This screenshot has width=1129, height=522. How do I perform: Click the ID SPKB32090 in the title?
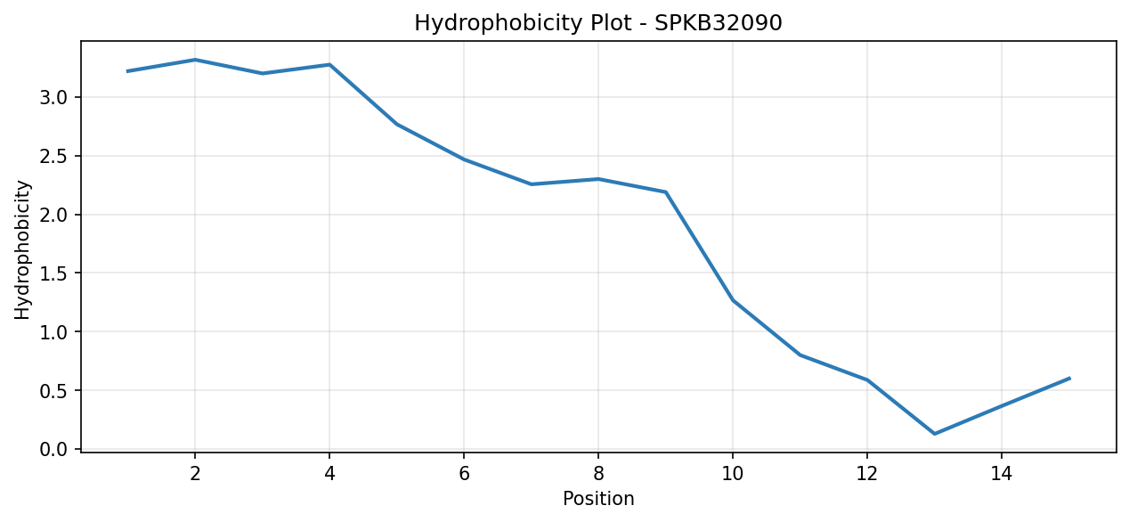[x=719, y=22]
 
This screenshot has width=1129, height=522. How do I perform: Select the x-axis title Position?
[x=598, y=499]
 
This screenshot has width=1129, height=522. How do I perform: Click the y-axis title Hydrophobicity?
[x=22, y=249]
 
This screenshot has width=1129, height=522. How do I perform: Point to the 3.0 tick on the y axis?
[x=53, y=97]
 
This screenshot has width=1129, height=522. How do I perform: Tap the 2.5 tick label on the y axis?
[x=53, y=157]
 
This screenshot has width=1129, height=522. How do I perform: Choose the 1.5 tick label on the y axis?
[x=53, y=273]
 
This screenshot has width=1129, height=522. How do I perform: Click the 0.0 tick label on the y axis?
[x=53, y=449]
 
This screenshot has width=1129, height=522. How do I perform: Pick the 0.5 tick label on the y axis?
[x=53, y=391]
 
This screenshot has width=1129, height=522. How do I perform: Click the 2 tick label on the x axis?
[x=195, y=474]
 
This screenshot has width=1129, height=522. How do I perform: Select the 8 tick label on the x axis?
[x=598, y=474]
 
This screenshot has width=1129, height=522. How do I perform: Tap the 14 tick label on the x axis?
[x=1002, y=474]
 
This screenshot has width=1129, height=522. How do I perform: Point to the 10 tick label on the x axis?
[x=733, y=474]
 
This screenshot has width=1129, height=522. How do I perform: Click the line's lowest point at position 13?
[x=934, y=434]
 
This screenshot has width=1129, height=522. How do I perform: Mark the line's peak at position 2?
[x=195, y=60]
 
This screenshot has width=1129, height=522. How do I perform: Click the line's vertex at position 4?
[x=329, y=64]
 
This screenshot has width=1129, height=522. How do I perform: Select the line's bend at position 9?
[x=666, y=192]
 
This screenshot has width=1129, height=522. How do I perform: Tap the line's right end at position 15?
[x=1069, y=379]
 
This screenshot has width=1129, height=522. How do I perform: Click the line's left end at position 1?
[x=127, y=71]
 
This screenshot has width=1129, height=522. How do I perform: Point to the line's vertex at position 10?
[x=733, y=300]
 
